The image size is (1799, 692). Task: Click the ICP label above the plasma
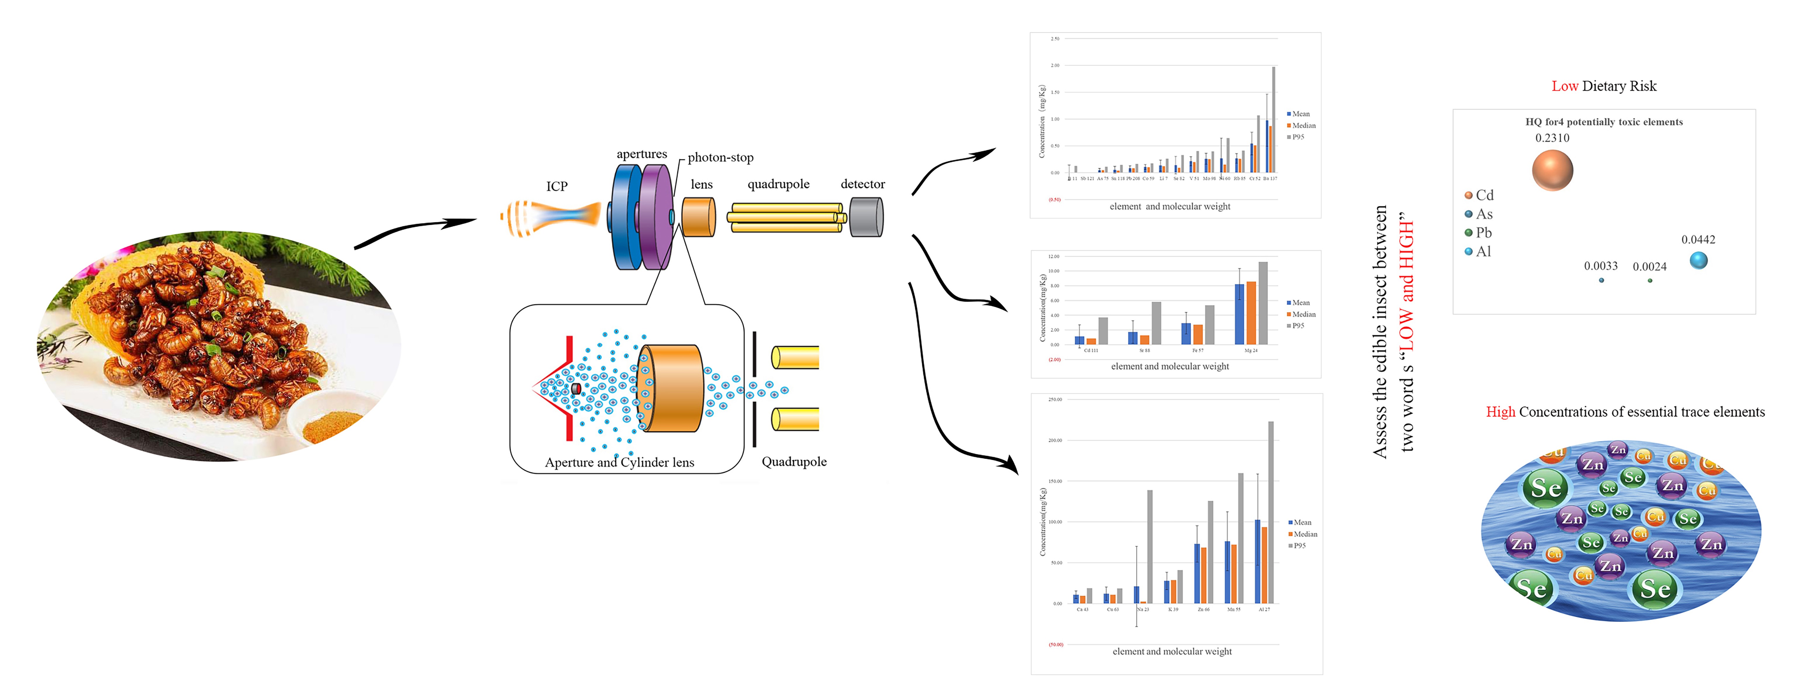coord(557,186)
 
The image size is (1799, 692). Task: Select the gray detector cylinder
coord(867,217)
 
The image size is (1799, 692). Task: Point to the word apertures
coord(641,154)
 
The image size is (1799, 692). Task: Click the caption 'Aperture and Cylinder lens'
coord(619,462)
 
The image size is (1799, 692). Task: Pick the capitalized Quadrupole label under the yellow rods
coord(794,461)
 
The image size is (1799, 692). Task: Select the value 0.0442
coord(1698,240)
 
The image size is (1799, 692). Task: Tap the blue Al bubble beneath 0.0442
coord(1699,260)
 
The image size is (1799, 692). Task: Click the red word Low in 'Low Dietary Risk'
coord(1564,86)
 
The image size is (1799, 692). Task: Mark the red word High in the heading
coord(1500,412)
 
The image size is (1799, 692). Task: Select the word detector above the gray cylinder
coord(863,184)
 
